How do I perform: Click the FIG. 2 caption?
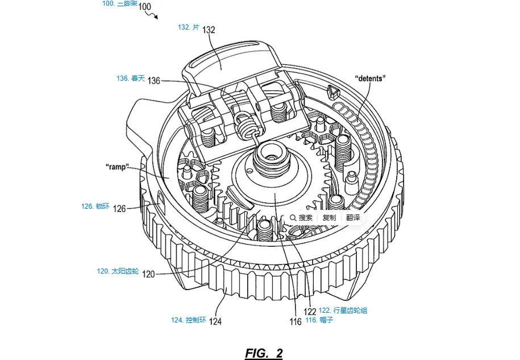pyautogui.click(x=264, y=353)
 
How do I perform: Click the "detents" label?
pyautogui.click(x=370, y=78)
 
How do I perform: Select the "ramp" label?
pyautogui.click(x=118, y=167)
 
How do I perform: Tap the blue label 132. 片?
pyautogui.click(x=189, y=27)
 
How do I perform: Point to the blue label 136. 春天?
pyautogui.click(x=130, y=78)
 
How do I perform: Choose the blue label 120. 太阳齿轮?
pyautogui.click(x=118, y=271)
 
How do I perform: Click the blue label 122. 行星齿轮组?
pyautogui.click(x=343, y=310)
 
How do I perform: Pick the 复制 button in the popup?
pyautogui.click(x=329, y=218)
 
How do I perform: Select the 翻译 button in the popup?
pyautogui.click(x=353, y=218)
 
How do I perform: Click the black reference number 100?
pyautogui.click(x=145, y=7)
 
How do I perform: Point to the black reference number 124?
pyautogui.click(x=215, y=321)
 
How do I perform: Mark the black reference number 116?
pyautogui.click(x=296, y=322)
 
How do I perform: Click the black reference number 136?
pyautogui.click(x=154, y=81)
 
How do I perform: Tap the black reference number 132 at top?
pyautogui.click(x=209, y=30)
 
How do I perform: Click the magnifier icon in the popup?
pyautogui.click(x=293, y=218)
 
